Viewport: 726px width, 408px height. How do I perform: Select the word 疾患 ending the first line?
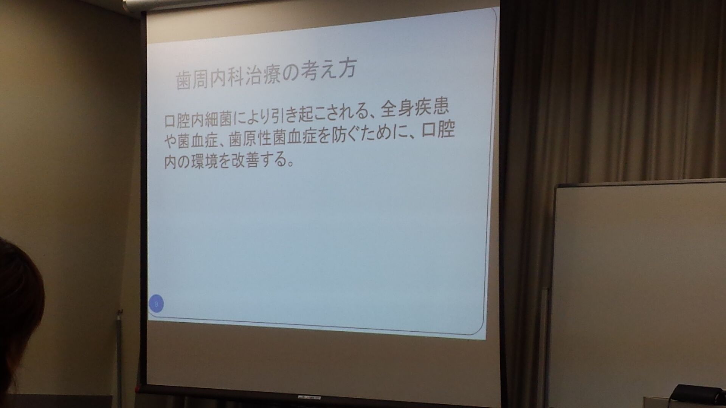pos(433,108)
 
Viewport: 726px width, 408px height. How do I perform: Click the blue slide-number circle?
pos(156,303)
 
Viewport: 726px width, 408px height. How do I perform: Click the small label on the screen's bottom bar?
pos(309,398)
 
